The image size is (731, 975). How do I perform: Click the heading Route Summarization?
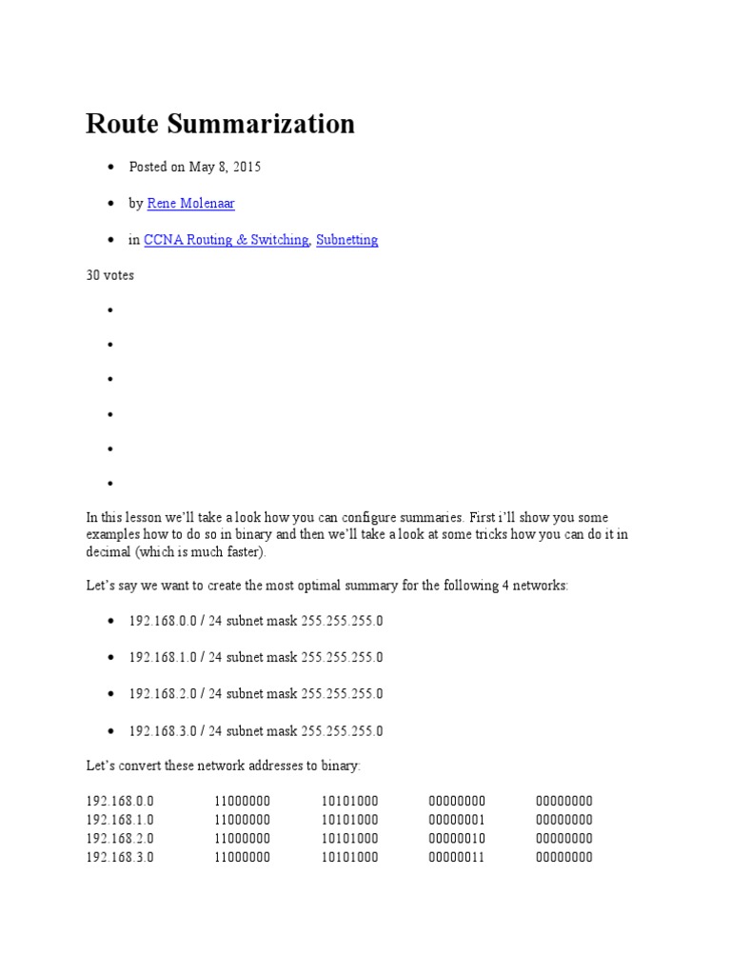tap(220, 124)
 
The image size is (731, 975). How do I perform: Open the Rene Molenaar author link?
tap(190, 203)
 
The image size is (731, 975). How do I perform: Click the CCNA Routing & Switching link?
tap(226, 240)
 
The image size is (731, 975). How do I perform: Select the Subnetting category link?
tap(346, 240)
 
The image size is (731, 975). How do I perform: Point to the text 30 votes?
tap(110, 275)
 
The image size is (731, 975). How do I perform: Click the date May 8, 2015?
tap(225, 167)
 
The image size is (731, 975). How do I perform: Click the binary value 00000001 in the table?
tap(457, 820)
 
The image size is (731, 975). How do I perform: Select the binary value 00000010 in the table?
tap(457, 839)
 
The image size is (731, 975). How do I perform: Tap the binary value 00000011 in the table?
tap(457, 857)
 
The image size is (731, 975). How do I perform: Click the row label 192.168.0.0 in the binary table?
tap(120, 802)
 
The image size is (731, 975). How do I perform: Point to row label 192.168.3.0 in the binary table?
tap(120, 857)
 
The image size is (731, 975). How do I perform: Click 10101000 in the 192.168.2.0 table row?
tap(349, 839)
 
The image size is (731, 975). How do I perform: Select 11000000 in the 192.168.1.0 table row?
tap(242, 820)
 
